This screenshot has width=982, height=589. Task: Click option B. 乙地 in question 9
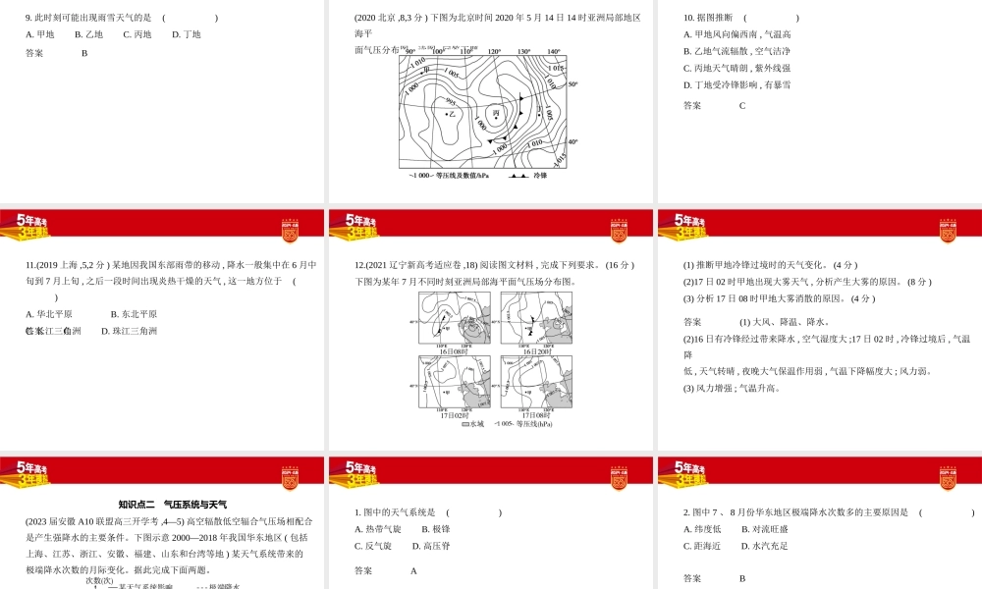(88, 34)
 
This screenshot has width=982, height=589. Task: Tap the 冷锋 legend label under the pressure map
(540, 176)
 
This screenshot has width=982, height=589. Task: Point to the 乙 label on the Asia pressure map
(454, 114)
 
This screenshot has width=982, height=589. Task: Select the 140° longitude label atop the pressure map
(554, 52)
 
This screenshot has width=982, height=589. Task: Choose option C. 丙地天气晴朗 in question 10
(736, 68)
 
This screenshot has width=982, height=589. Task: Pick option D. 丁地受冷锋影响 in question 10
(736, 84)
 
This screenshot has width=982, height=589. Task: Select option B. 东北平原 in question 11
(134, 314)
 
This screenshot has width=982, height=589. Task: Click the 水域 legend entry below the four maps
(471, 424)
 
